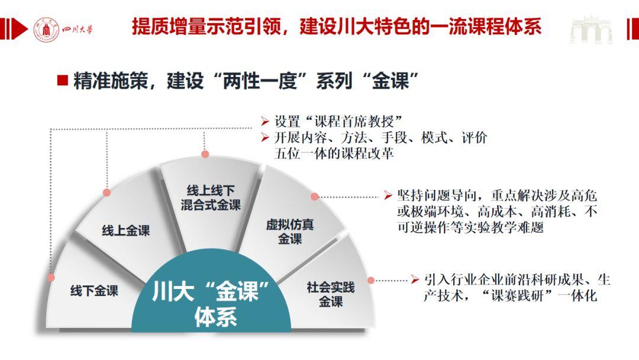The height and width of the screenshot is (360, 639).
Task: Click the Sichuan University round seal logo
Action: click(46, 30)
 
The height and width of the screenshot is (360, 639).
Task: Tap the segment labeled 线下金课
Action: click(94, 291)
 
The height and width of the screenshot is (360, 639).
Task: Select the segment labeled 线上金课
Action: click(126, 231)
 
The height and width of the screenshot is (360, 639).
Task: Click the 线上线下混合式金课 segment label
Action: click(211, 198)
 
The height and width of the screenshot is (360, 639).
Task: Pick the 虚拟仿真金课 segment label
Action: click(290, 232)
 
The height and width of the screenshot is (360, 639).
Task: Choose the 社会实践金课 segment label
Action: click(331, 294)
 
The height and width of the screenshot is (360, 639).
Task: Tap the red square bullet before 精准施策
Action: click(62, 80)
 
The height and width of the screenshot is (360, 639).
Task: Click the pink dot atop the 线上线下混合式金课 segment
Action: click(205, 154)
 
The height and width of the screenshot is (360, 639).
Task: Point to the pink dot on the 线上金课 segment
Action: click(106, 192)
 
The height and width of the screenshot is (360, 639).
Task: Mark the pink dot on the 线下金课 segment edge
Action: click(51, 278)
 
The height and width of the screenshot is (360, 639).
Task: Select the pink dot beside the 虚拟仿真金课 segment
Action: click(315, 197)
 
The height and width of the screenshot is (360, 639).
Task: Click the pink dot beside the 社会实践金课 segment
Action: click(371, 281)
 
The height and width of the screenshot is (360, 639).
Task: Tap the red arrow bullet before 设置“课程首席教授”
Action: click(265, 121)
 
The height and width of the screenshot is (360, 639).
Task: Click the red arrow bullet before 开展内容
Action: click(265, 138)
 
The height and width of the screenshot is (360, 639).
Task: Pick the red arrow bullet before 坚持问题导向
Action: click(388, 196)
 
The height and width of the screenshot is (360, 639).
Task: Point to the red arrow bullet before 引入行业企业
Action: click(415, 279)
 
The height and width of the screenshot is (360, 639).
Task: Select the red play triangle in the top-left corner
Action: click(20, 29)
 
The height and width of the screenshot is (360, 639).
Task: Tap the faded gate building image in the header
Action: click(591, 30)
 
